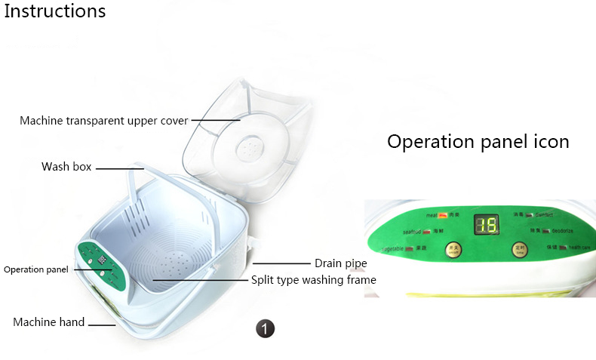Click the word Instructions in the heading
point(55,12)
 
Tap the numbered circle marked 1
point(265,328)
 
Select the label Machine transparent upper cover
point(104,121)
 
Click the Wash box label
point(66,166)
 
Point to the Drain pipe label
point(340,263)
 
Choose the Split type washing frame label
point(313,280)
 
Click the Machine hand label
point(49,322)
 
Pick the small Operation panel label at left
point(35,269)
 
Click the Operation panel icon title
point(478,141)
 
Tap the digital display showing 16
point(485,224)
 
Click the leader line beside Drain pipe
point(283,263)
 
